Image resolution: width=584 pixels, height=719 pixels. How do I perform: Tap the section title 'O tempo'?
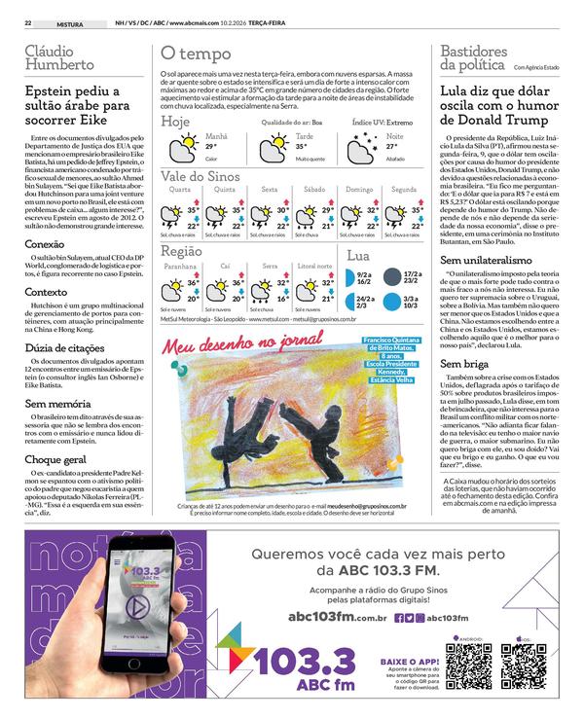click(196, 54)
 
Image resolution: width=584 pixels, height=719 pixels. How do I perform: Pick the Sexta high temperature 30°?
click(283, 209)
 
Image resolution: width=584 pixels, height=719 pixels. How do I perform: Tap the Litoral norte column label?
click(314, 265)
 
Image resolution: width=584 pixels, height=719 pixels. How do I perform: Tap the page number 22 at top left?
click(29, 21)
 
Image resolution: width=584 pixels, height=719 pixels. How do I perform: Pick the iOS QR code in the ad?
click(521, 665)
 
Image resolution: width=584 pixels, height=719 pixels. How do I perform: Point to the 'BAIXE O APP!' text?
click(409, 661)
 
